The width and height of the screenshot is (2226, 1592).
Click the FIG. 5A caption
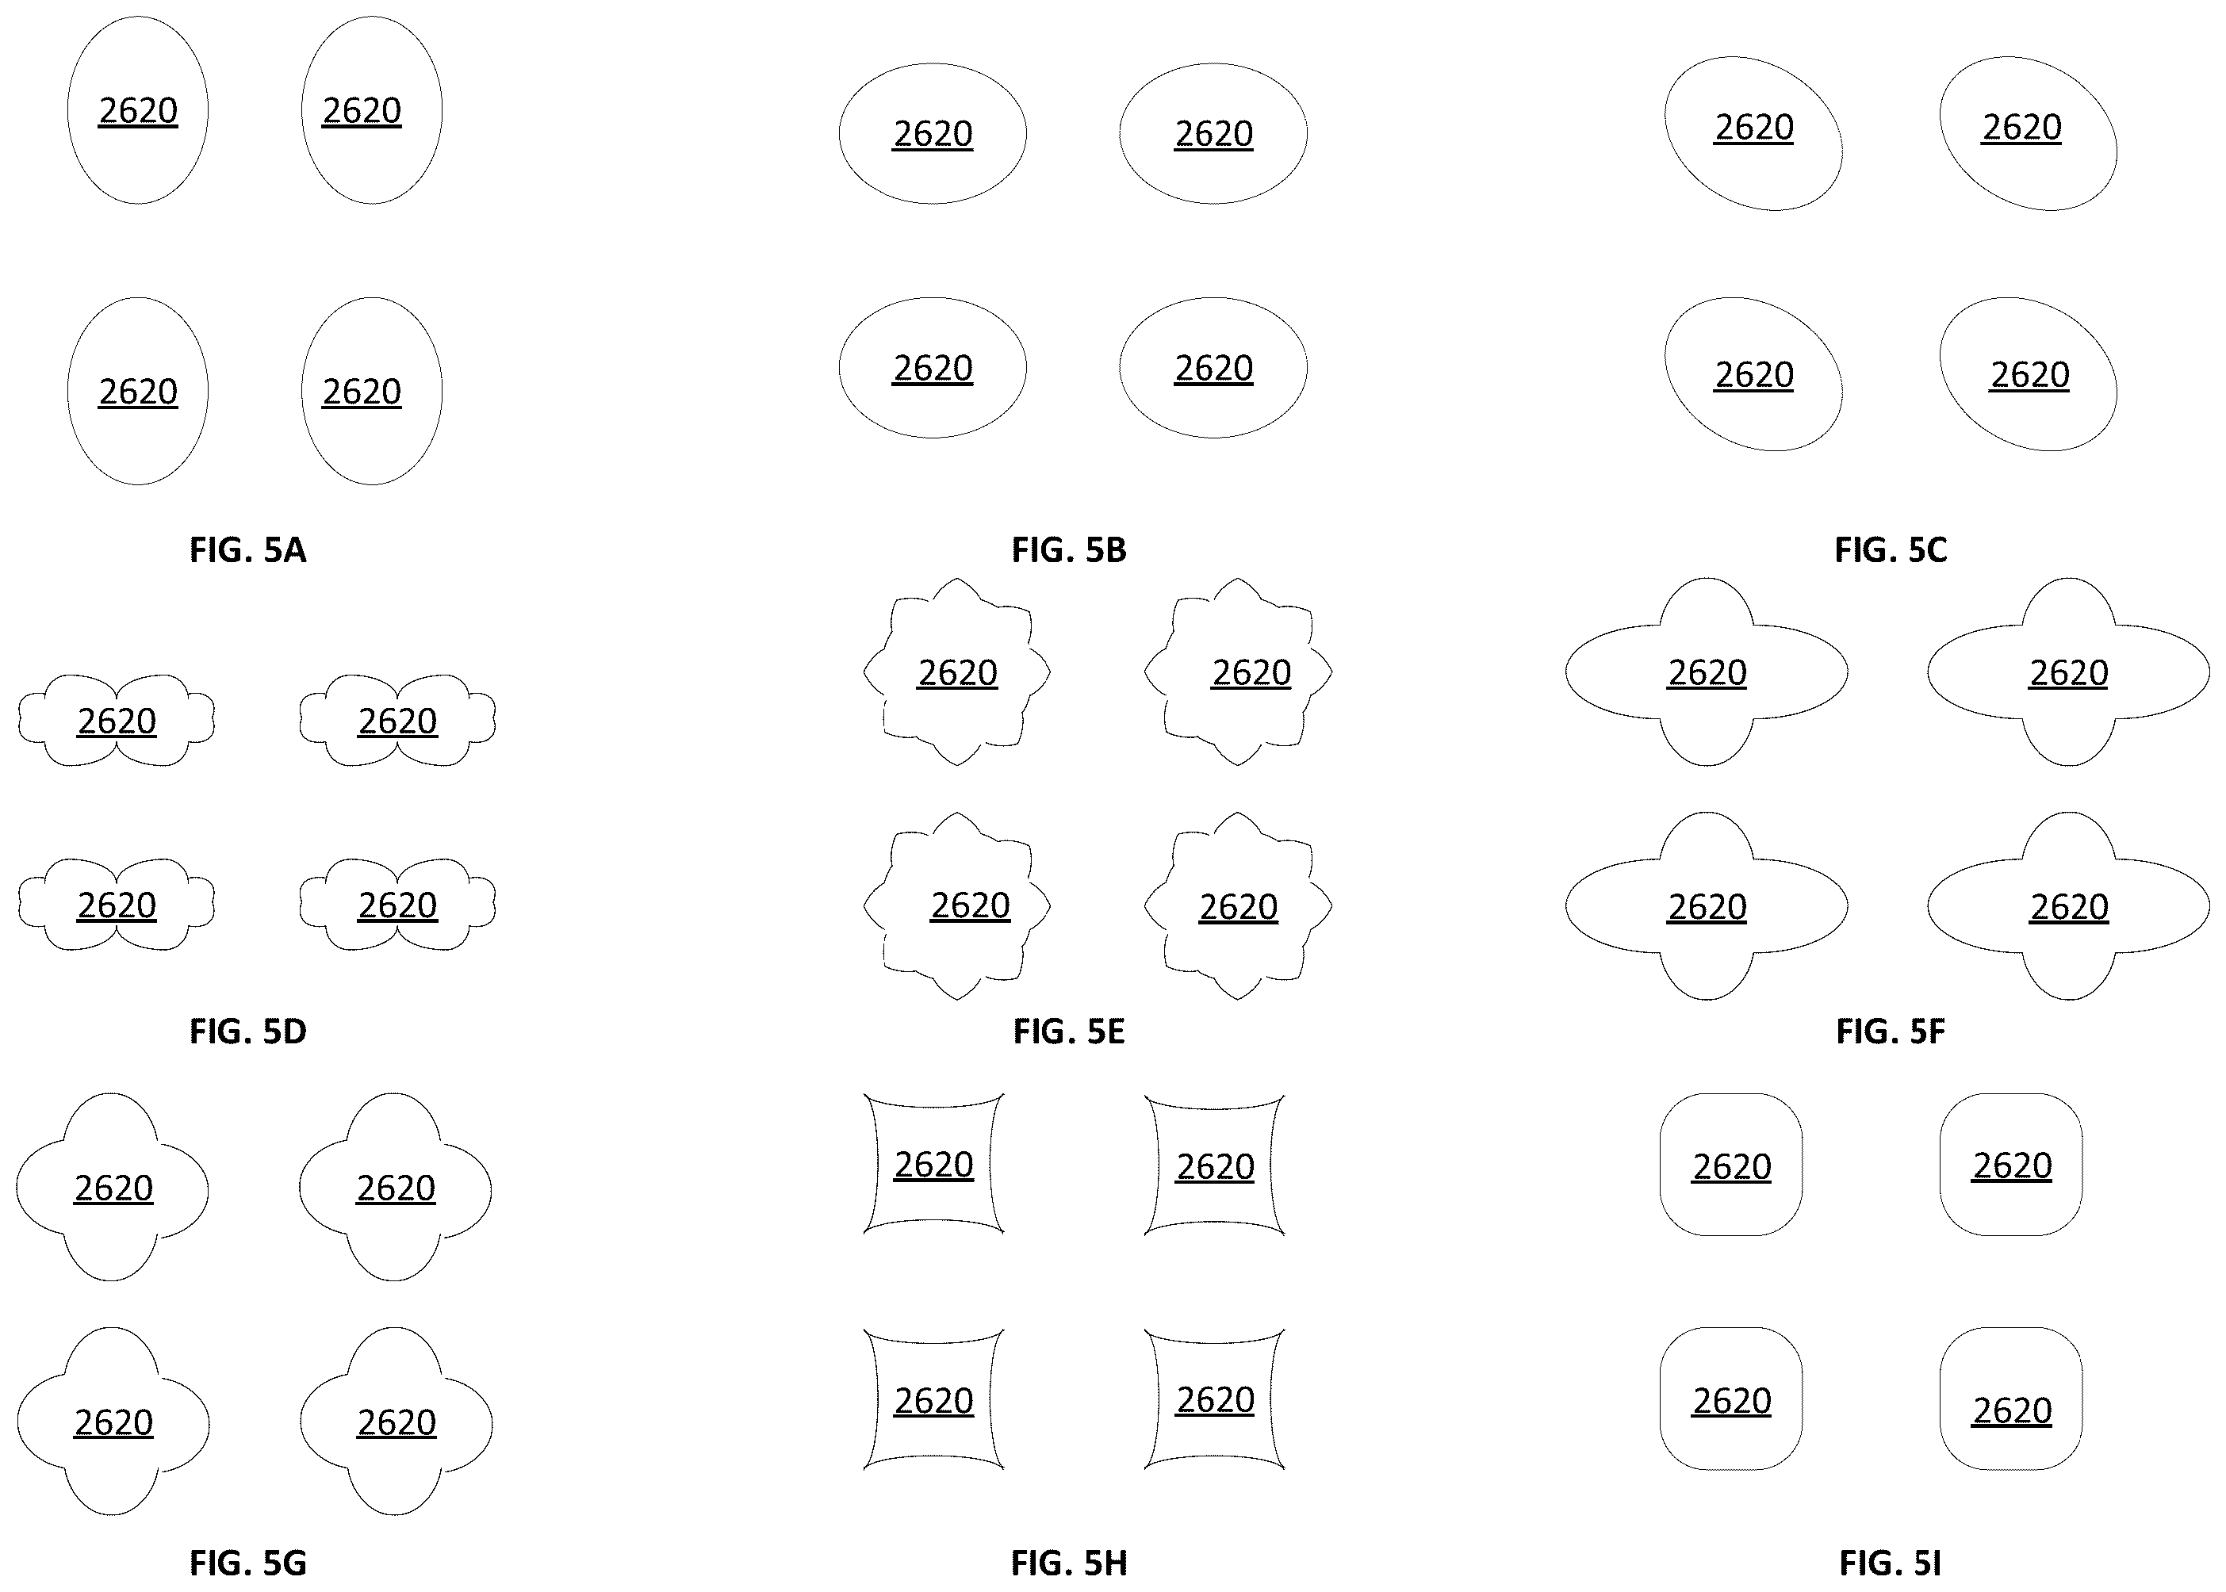click(x=248, y=550)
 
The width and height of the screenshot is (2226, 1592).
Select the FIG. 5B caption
click(x=1069, y=550)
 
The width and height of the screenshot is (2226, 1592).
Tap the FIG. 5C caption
click(x=1891, y=550)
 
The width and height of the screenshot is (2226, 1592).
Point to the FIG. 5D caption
click(x=248, y=1031)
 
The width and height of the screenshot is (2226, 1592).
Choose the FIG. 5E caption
click(x=1069, y=1031)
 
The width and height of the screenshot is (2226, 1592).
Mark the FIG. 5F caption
click(x=1891, y=1031)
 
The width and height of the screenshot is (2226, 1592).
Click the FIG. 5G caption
click(x=248, y=1563)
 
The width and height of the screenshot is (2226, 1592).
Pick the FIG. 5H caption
click(x=1069, y=1563)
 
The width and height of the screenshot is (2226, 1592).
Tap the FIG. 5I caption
click(x=1891, y=1563)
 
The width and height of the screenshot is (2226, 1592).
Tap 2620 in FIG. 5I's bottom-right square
click(x=2011, y=1410)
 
